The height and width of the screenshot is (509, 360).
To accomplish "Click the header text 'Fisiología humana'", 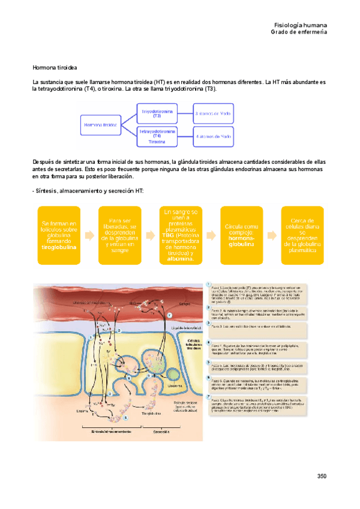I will pyautogui.click(x=300, y=25).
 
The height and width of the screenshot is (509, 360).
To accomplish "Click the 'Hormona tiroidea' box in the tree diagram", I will pyautogui.click(x=101, y=125).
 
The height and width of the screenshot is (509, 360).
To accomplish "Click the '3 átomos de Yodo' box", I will pyautogui.click(x=214, y=112).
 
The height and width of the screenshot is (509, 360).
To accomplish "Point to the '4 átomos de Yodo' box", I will pyautogui.click(x=214, y=136).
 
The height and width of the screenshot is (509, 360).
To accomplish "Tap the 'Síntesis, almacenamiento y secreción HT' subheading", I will pyautogui.click(x=88, y=191).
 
